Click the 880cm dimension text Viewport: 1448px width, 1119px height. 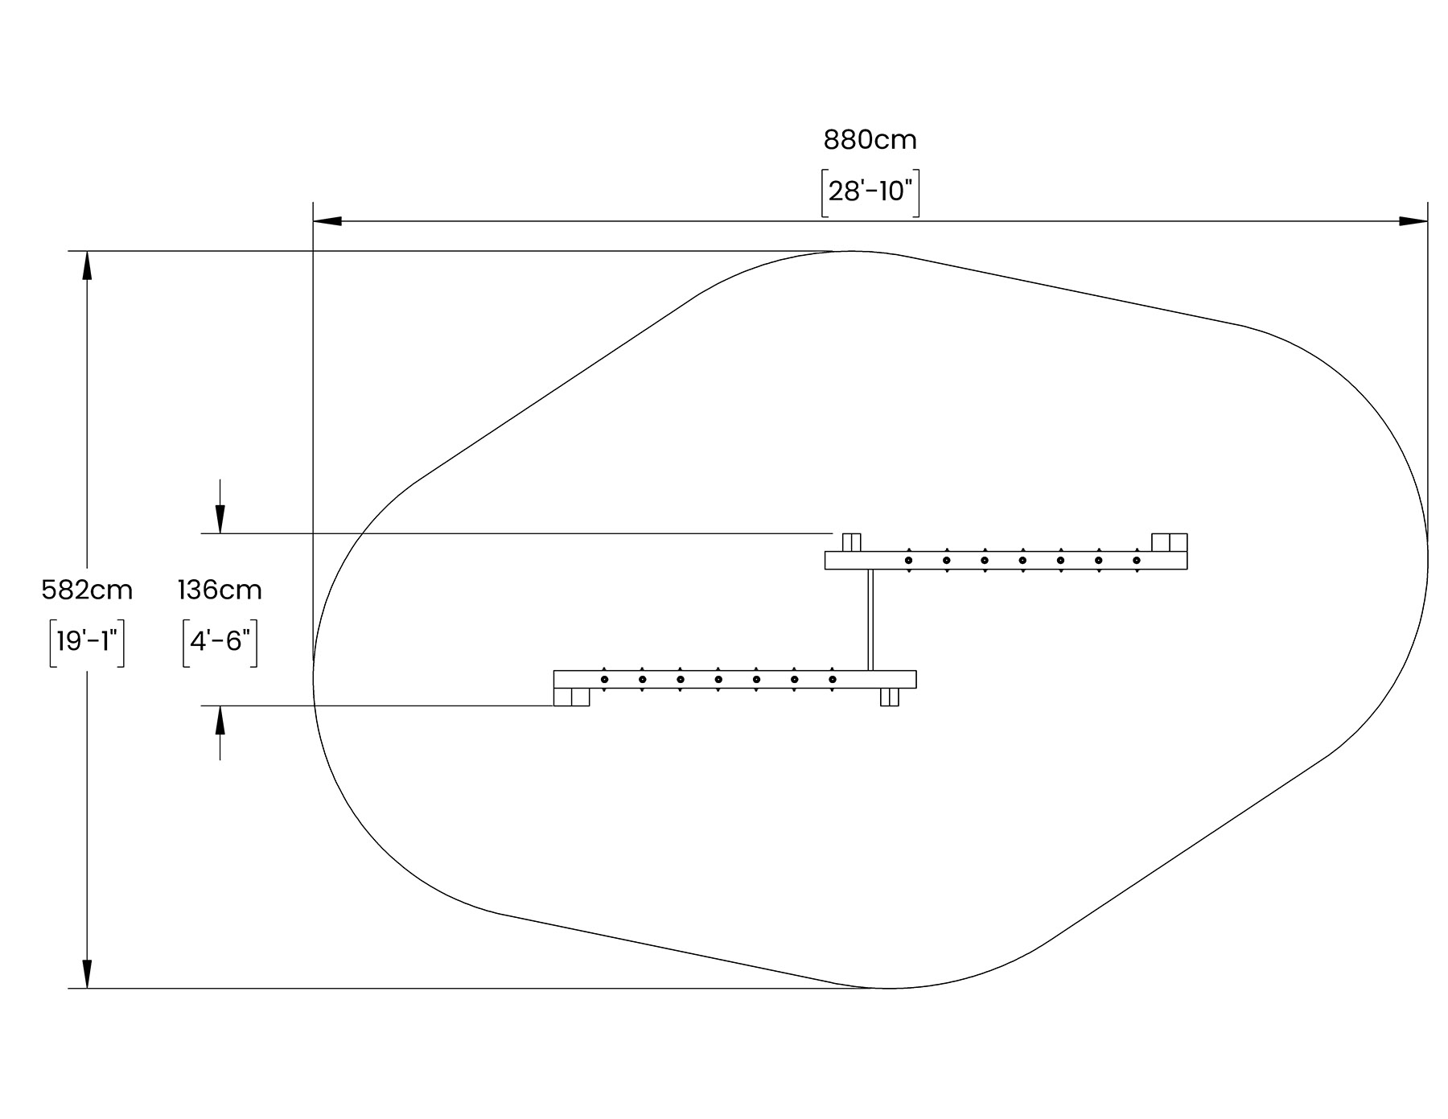[x=870, y=140]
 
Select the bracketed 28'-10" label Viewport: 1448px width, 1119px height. [x=870, y=192]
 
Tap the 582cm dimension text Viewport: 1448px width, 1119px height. [x=87, y=590]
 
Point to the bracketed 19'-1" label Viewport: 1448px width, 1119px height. [x=87, y=642]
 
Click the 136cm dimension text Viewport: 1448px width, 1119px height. [x=220, y=590]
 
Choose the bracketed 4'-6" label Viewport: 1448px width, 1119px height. [x=220, y=642]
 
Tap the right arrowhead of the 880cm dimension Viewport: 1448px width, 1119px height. [x=1413, y=221]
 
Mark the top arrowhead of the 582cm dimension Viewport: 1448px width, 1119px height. [x=87, y=265]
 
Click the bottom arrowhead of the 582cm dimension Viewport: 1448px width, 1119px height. [x=87, y=973]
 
